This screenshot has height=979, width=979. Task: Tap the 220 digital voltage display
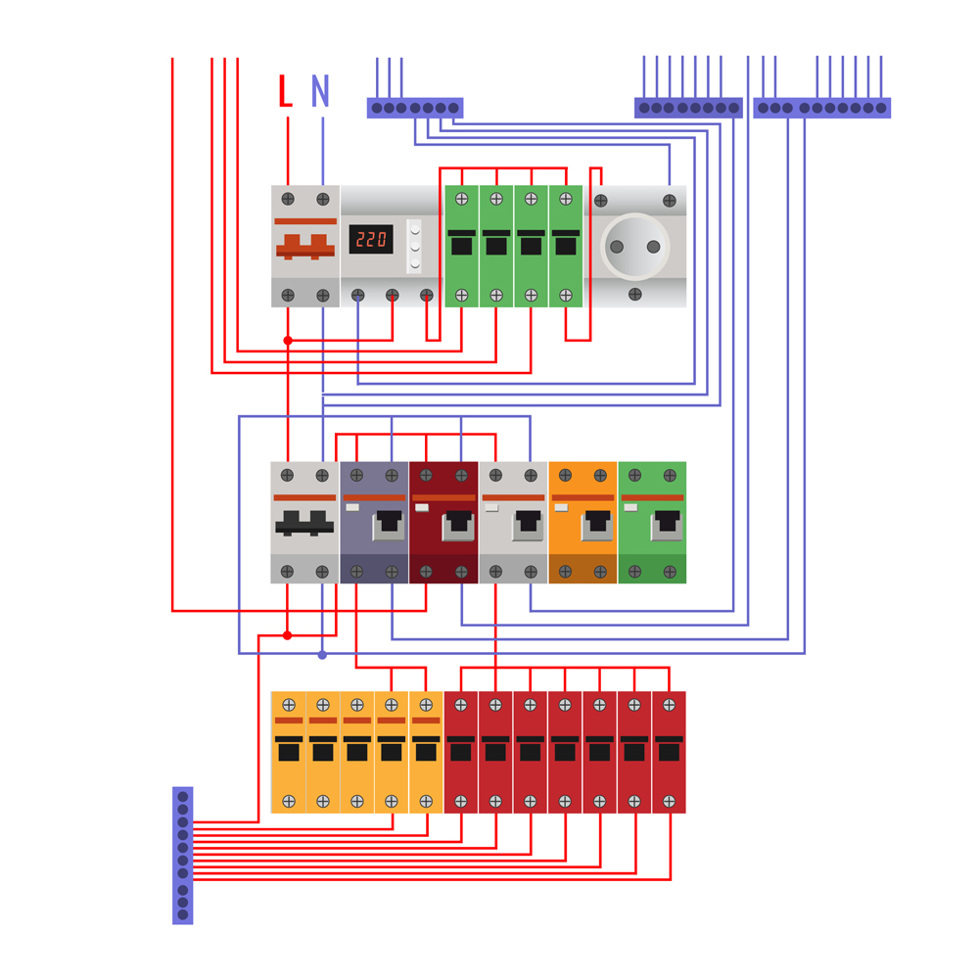371,239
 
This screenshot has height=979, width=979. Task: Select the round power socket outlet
634,246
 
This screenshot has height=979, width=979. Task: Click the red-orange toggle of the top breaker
305,247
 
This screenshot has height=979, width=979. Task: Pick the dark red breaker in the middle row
443,522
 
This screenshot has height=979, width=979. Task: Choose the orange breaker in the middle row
583,522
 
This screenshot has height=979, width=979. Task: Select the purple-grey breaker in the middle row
374,522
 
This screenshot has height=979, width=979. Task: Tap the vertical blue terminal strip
182,855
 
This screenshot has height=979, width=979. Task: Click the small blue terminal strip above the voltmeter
415,108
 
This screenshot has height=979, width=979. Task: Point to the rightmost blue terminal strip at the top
822,108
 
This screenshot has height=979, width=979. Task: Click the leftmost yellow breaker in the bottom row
288,752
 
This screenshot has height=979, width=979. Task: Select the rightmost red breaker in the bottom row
670,752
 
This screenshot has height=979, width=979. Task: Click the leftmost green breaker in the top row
461,246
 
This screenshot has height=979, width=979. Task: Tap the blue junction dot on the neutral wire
322,654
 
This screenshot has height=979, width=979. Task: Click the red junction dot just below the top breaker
288,341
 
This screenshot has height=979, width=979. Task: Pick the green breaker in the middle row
652,522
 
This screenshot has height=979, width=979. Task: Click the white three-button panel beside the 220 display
414,246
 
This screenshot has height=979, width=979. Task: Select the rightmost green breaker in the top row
566,246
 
